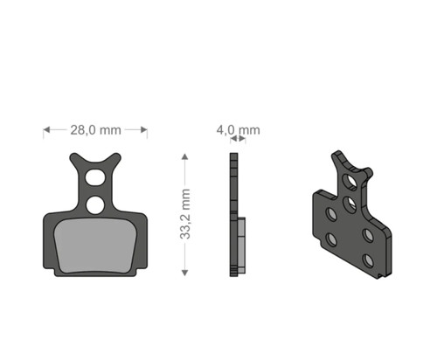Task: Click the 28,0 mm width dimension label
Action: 95,130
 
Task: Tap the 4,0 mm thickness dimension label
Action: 238,130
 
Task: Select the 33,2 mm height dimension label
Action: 185,214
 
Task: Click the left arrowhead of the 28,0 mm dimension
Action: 46,129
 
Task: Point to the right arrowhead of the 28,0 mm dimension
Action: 144,129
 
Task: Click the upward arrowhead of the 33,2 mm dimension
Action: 184,157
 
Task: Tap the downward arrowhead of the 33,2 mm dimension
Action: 184,273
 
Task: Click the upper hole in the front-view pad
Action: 95,177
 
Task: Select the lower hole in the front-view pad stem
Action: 95,204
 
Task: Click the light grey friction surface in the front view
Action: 96,246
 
